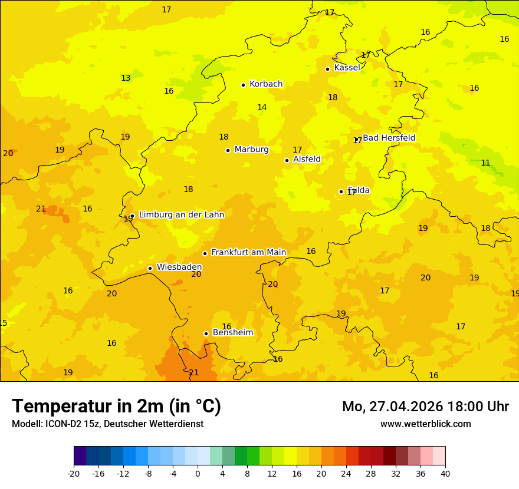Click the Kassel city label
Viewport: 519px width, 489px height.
tap(347, 68)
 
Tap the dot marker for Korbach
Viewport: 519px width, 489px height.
tap(243, 85)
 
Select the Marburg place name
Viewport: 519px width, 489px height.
tap(251, 150)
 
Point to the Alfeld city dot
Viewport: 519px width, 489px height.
tap(287, 160)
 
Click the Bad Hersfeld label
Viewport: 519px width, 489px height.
tap(389, 138)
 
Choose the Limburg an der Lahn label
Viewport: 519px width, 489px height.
tap(181, 215)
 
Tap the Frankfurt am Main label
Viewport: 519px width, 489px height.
tap(248, 253)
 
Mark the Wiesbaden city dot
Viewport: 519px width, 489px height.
tap(150, 268)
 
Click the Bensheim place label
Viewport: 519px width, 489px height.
tap(232, 333)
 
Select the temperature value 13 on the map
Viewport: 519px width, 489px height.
tap(126, 78)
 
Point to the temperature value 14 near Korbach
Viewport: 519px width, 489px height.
tap(262, 107)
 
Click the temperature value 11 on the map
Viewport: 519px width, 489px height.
tap(485, 163)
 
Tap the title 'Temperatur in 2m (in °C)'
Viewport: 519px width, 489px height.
tap(116, 407)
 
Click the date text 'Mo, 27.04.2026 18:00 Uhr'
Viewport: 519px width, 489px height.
tap(425, 407)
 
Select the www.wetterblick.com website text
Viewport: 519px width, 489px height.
tap(425, 424)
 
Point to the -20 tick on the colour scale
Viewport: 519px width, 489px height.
tap(74, 474)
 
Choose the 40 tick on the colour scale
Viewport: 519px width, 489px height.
tap(445, 474)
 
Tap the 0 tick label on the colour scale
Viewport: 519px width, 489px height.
tap(198, 474)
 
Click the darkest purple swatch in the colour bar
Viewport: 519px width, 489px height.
tap(80, 456)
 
